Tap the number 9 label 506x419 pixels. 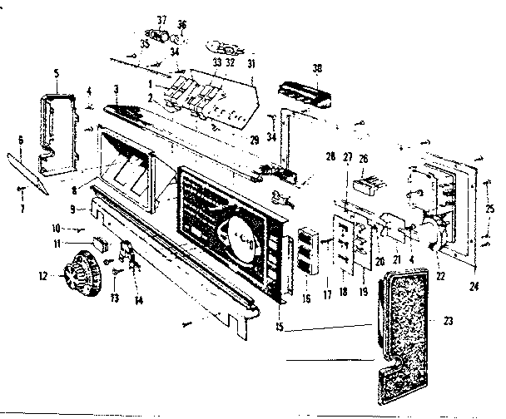tap(72, 208)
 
